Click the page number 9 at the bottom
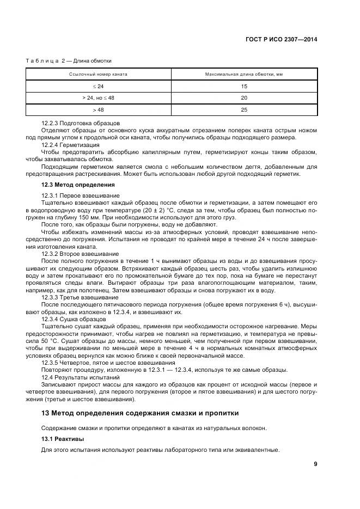(315, 464)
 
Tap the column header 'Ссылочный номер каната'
(98, 74)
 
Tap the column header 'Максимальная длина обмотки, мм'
(243, 74)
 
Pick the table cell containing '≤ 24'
(98, 86)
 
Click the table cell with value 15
(243, 86)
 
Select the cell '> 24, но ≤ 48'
(98, 98)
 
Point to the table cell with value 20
(243, 98)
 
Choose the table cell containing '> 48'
(98, 109)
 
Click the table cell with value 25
(243, 109)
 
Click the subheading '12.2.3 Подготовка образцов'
(81, 124)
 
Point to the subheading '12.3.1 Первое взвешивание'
(80, 195)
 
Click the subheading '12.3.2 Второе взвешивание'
(80, 254)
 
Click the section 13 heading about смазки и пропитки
(140, 413)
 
